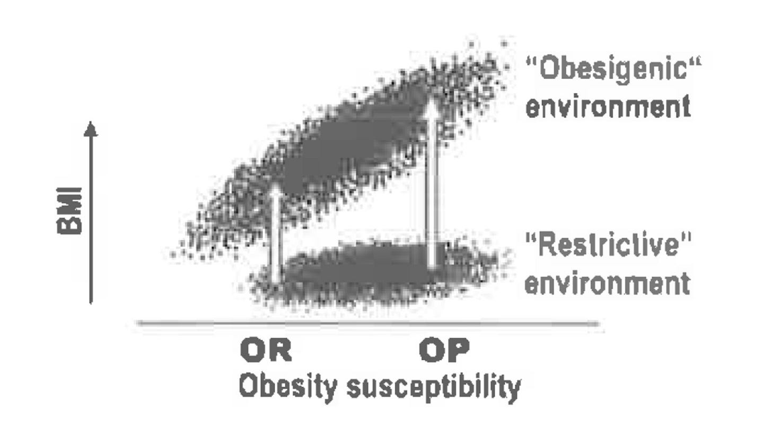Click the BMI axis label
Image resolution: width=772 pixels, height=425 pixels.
(x=69, y=211)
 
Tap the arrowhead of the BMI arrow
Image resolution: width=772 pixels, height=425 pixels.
(x=91, y=129)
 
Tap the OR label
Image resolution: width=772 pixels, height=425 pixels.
(x=266, y=350)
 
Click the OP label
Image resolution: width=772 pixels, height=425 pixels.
(x=444, y=350)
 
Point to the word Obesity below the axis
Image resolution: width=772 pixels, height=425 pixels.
(x=288, y=387)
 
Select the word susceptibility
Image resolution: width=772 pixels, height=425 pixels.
(x=434, y=388)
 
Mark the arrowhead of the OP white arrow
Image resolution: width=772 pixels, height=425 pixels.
(x=432, y=105)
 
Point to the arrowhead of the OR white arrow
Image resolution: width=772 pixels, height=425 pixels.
(x=275, y=190)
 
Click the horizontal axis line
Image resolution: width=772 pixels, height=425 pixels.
(x=368, y=324)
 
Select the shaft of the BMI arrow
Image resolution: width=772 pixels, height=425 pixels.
(x=91, y=220)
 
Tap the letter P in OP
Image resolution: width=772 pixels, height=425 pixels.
(x=458, y=350)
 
